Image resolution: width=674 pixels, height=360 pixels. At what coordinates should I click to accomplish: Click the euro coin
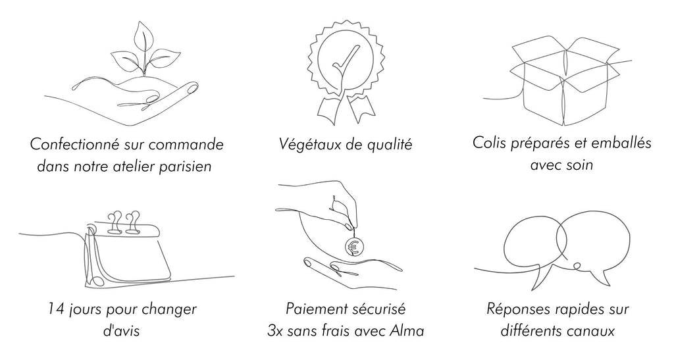pos(355,246)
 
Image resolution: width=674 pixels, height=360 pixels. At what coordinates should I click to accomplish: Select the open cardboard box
pos(564,82)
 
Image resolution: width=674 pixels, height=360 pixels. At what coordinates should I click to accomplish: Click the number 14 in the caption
pos(57,309)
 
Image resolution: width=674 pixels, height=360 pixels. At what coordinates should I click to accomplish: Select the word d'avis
pos(121,331)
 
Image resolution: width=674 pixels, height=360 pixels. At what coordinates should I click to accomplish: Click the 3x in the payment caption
pos(274,331)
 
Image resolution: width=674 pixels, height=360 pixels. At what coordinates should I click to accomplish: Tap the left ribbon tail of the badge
pos(328,109)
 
